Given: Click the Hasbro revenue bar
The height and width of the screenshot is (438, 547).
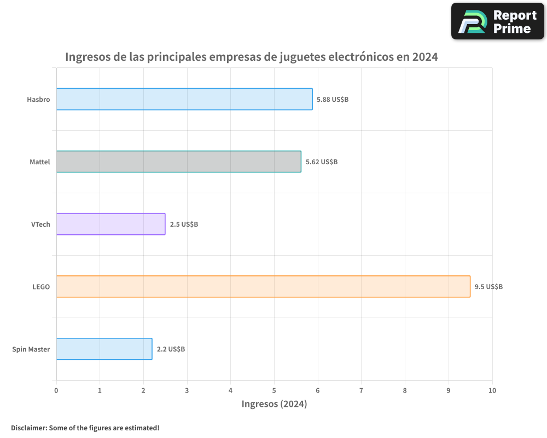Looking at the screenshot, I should [184, 99].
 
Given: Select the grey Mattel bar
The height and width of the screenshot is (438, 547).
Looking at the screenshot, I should [178, 162].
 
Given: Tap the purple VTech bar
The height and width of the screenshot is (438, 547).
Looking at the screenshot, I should [110, 224].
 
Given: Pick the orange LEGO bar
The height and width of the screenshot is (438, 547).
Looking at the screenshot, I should [263, 286].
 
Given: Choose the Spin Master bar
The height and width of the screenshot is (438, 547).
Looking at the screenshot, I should [104, 349].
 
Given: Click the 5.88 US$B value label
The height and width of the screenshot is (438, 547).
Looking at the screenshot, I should [333, 100].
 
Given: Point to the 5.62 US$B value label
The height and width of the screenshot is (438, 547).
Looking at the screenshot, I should [322, 162].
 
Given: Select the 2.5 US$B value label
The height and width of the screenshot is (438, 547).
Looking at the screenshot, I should [184, 224].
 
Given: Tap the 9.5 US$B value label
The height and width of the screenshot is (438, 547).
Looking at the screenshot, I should [488, 287].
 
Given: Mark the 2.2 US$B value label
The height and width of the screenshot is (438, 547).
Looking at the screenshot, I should [171, 349].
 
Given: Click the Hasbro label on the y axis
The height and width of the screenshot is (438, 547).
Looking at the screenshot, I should [38, 100].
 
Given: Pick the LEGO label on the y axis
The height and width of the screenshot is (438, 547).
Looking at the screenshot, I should [41, 287].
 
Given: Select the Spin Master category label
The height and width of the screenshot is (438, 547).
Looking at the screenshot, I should [31, 349].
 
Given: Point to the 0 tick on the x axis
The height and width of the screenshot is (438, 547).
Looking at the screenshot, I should [56, 390].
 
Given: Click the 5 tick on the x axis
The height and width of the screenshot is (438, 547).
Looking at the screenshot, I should [274, 390].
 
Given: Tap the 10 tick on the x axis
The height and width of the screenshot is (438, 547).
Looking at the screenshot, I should [492, 390].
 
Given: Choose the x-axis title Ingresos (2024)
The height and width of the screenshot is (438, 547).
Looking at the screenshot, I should [274, 404].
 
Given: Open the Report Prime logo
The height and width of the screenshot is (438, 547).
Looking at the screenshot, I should [498, 21].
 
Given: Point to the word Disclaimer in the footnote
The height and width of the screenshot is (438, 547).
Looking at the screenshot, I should [28, 428].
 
